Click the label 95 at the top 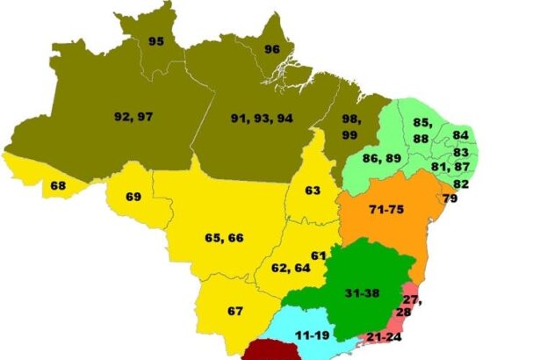[x=156, y=41]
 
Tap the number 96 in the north [x=273, y=49]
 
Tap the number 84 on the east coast [x=460, y=134]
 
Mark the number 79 [x=450, y=199]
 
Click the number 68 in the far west [x=59, y=185]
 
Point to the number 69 [x=133, y=197]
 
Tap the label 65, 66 [x=224, y=238]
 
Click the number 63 [x=313, y=191]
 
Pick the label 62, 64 [x=291, y=268]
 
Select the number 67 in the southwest [x=235, y=312]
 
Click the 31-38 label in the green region [x=363, y=292]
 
